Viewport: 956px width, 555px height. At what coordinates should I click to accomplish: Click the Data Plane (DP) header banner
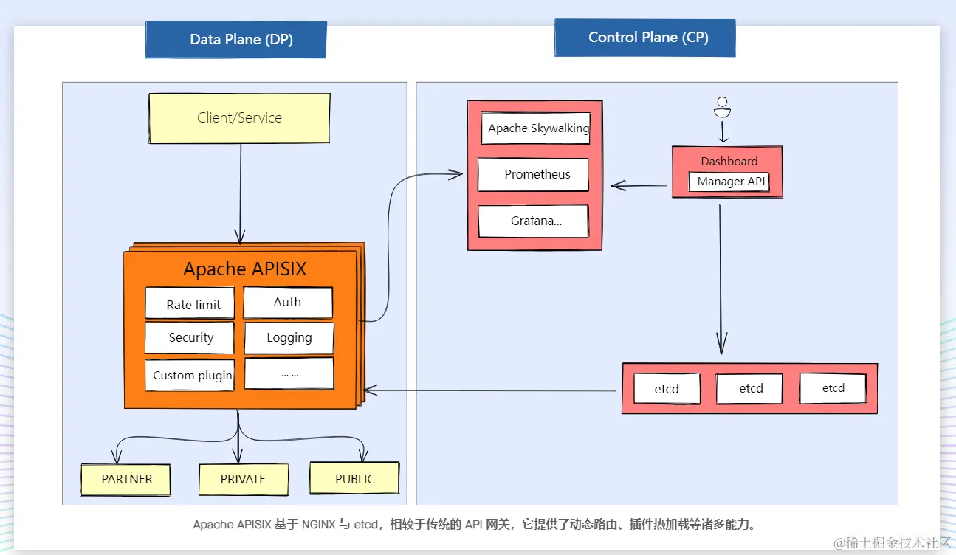tap(236, 40)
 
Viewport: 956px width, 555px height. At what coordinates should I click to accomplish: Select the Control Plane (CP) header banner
tap(644, 38)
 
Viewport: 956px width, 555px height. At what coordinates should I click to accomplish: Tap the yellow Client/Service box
tap(239, 118)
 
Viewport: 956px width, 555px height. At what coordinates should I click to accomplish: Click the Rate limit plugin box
tap(193, 303)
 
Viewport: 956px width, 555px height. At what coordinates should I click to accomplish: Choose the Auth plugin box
tap(288, 302)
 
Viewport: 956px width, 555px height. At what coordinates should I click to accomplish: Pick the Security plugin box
tap(190, 338)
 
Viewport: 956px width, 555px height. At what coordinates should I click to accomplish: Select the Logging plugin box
tap(289, 338)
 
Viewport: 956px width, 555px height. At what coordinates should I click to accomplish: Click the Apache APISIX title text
tap(244, 269)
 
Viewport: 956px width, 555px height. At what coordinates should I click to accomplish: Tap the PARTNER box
tap(126, 480)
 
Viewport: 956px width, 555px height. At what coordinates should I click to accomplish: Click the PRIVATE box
tap(242, 479)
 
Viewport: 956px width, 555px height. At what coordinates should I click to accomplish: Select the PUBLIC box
tap(354, 478)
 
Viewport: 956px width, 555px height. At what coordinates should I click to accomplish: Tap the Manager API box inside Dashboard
tap(729, 182)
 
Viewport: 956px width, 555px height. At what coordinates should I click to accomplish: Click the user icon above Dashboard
tap(722, 108)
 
